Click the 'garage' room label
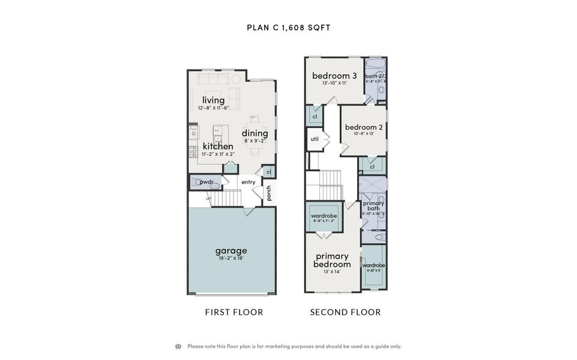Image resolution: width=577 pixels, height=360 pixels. [x=231, y=251]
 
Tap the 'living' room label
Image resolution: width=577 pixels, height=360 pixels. [x=213, y=100]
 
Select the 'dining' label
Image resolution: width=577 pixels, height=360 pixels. [x=255, y=133]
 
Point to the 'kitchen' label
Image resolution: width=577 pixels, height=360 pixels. [x=218, y=146]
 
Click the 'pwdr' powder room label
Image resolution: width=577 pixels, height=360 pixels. [x=207, y=182]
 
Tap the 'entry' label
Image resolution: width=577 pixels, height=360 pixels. [x=248, y=182]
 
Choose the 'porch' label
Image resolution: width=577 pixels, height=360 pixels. [x=269, y=193]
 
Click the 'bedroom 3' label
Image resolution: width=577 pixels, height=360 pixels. [x=334, y=76]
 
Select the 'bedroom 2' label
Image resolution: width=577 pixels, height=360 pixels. [x=364, y=127]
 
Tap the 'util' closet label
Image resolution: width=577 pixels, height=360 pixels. [x=314, y=139]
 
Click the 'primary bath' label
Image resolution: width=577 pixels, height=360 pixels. [x=373, y=206]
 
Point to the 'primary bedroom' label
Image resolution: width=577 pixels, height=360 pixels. [x=332, y=260]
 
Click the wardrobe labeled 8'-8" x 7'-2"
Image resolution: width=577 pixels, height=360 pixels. [x=324, y=216]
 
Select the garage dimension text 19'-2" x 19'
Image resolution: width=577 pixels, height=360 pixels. [x=231, y=259]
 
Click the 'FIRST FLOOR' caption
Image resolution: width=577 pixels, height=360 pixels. [x=234, y=312]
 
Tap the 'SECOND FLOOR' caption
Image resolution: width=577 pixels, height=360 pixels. [x=345, y=312]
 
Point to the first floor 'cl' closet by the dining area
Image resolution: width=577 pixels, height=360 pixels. [x=270, y=172]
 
